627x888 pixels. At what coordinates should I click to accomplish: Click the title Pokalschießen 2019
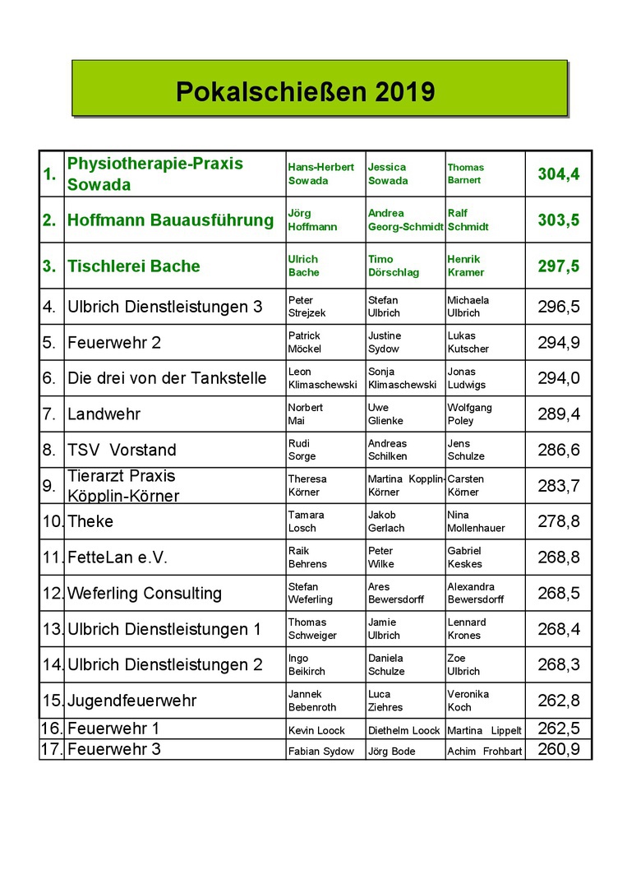click(305, 91)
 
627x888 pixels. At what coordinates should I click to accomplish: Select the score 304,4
click(559, 173)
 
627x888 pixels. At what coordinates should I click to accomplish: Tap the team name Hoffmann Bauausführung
click(170, 220)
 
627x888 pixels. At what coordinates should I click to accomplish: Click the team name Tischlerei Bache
click(134, 266)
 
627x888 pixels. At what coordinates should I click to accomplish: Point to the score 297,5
click(559, 266)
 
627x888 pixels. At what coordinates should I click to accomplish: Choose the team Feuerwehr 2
click(114, 343)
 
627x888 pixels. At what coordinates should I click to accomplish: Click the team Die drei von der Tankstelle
click(167, 378)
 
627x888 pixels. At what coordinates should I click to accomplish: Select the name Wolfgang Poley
click(469, 414)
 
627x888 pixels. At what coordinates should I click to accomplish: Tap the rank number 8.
click(50, 450)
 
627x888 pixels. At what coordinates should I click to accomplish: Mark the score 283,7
click(559, 485)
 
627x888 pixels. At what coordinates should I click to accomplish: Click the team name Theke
click(90, 521)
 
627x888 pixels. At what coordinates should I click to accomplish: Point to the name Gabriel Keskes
click(464, 557)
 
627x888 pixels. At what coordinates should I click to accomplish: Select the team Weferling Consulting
click(145, 593)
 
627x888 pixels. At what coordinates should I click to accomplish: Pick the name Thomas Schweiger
click(312, 629)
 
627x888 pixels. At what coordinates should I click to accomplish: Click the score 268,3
click(559, 664)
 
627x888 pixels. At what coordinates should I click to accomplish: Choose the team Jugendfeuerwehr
click(132, 701)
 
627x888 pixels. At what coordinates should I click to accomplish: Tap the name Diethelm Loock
click(403, 730)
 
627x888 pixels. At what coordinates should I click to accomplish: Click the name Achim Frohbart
click(484, 751)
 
